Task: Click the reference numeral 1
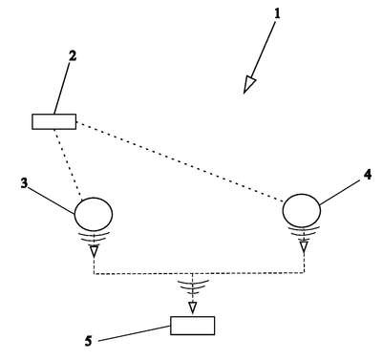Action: point(277,13)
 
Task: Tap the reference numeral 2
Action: point(73,55)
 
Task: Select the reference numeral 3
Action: point(24,183)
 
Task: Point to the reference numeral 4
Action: point(368,175)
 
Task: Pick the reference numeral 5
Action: point(88,341)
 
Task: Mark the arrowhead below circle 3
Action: point(94,252)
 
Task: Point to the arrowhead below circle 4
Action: point(304,247)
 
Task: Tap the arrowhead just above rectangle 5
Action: point(192,307)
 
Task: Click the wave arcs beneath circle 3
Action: point(94,237)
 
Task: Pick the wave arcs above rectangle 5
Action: point(192,286)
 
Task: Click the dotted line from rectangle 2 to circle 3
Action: point(69,164)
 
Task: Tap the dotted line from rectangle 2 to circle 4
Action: point(180,162)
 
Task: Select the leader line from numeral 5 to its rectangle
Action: point(135,334)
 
